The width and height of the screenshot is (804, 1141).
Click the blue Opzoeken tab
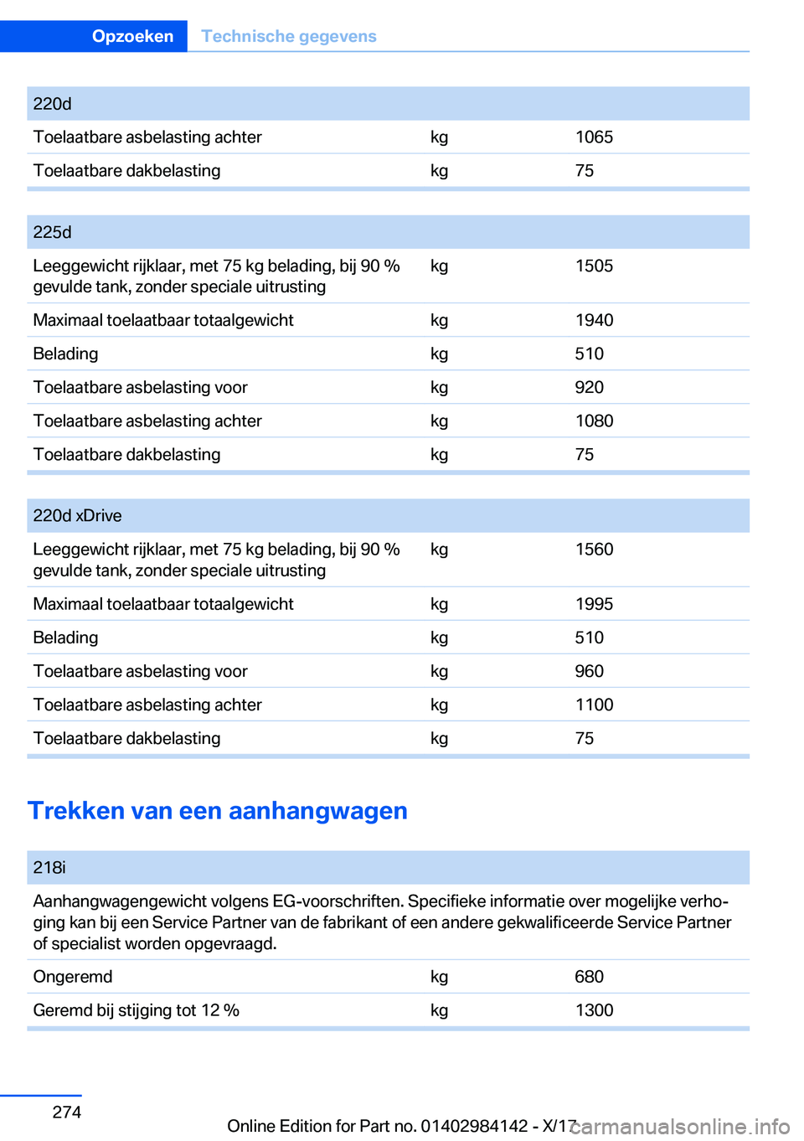[132, 36]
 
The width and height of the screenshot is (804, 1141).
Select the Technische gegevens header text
[288, 36]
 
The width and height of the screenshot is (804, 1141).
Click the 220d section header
[52, 104]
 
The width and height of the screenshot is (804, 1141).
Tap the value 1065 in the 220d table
[594, 137]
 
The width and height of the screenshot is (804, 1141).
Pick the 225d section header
[52, 232]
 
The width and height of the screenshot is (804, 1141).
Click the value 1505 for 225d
[594, 266]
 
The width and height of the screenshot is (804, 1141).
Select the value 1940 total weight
[594, 320]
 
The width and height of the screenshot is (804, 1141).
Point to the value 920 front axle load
[589, 387]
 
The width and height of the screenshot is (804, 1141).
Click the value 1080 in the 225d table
[594, 421]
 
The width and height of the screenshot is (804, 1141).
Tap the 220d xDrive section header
[77, 516]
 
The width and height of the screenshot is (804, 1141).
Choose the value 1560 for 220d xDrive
[594, 550]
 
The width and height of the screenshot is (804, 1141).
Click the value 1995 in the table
[594, 604]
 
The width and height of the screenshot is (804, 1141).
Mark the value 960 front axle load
[589, 671]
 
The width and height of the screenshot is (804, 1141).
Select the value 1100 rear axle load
[594, 705]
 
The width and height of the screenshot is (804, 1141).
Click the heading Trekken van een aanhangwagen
[218, 811]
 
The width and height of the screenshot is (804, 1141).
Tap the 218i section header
[49, 868]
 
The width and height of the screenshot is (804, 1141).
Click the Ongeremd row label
[73, 977]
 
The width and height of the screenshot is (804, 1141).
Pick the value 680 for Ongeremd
[589, 977]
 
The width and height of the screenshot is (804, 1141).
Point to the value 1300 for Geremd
[594, 1010]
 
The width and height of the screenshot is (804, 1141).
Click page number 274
[67, 1113]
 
